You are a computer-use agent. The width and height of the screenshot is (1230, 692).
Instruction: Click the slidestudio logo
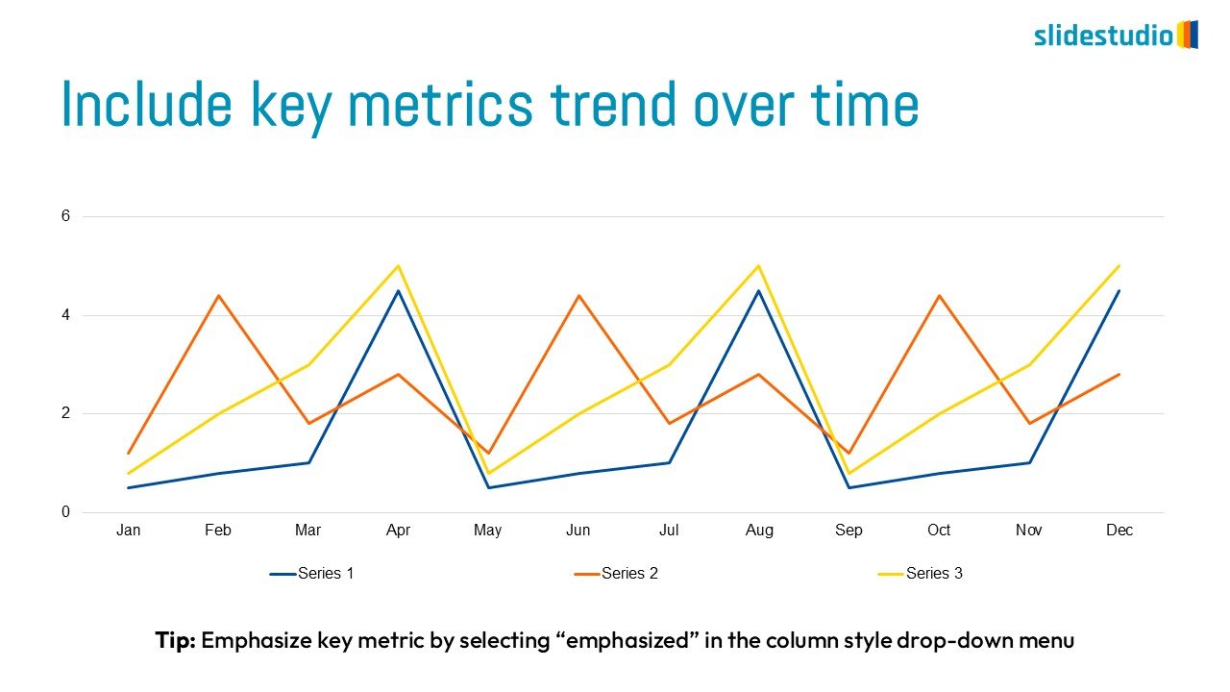point(1115,36)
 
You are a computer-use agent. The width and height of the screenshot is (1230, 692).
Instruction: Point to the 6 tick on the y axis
point(66,216)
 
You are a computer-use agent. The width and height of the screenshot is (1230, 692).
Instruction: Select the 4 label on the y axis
point(66,315)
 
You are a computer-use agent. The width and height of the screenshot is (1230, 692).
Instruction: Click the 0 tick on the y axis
point(66,512)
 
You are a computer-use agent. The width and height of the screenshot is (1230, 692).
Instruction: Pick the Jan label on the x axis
point(128,531)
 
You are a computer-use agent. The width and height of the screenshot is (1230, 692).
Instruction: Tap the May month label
point(487,531)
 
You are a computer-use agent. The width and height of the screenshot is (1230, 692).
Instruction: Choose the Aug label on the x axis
point(759,531)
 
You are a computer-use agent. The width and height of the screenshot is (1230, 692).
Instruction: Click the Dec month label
point(1119,531)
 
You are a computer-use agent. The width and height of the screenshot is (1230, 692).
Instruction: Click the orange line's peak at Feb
point(218,296)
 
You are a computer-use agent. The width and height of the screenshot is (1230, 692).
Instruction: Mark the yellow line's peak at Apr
point(398,266)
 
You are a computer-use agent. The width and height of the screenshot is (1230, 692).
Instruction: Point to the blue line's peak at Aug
point(759,290)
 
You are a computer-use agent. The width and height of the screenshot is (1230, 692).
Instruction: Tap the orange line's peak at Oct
point(939,296)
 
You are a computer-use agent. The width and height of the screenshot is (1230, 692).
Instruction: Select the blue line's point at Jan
point(128,487)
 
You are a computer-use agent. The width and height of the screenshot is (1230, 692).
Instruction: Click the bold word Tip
point(176,640)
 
